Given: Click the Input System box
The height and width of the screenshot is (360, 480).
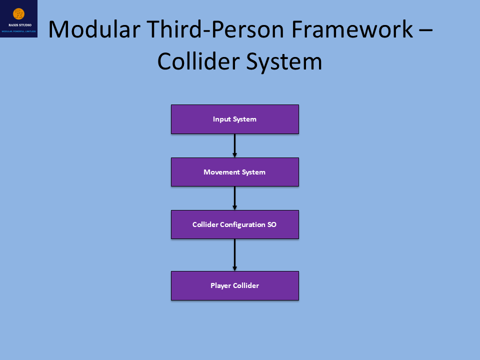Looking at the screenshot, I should tap(234, 119).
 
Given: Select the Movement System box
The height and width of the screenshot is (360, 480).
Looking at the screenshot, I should tap(234, 172).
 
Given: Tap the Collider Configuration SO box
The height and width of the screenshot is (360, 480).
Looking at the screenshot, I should tap(234, 224).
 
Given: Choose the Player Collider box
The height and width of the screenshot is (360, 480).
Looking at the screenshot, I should tap(234, 285).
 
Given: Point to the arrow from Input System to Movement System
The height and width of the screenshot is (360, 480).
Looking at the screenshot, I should tap(234, 145).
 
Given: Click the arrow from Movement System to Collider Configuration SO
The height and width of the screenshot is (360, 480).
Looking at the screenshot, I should tap(234, 198).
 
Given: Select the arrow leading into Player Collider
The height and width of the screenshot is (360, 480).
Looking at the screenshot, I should tap(234, 254).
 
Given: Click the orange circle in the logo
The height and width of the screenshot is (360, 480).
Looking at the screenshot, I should tap(18, 13).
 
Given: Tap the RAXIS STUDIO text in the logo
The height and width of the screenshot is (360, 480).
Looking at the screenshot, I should tap(19, 24).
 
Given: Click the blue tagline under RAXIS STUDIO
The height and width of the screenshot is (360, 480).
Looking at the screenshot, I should tap(19, 31).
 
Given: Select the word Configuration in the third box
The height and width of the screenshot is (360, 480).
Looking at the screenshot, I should tap(241, 224).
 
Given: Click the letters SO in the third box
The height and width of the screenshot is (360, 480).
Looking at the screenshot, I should tap(271, 224).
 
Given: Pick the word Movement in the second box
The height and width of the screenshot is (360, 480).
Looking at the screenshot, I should tap(221, 172).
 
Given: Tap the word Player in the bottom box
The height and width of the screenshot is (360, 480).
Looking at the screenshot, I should tap(220, 285).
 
